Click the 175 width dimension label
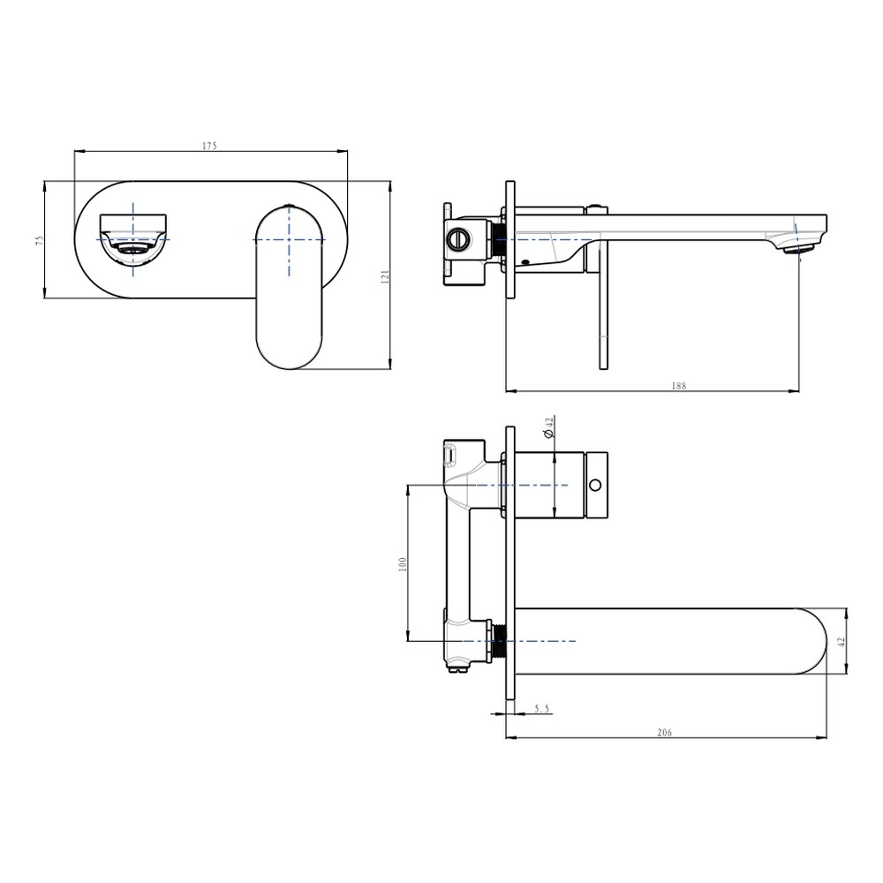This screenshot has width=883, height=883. [x=209, y=146]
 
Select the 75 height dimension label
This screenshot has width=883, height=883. [x=40, y=240]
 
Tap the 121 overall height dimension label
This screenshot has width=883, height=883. [x=385, y=275]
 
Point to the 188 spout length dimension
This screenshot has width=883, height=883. [x=678, y=386]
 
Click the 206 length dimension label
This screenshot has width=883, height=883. [x=665, y=733]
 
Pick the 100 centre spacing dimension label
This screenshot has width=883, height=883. [x=402, y=564]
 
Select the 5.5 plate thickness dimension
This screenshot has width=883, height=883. [x=541, y=709]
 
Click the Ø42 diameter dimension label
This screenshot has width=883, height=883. [x=549, y=426]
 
